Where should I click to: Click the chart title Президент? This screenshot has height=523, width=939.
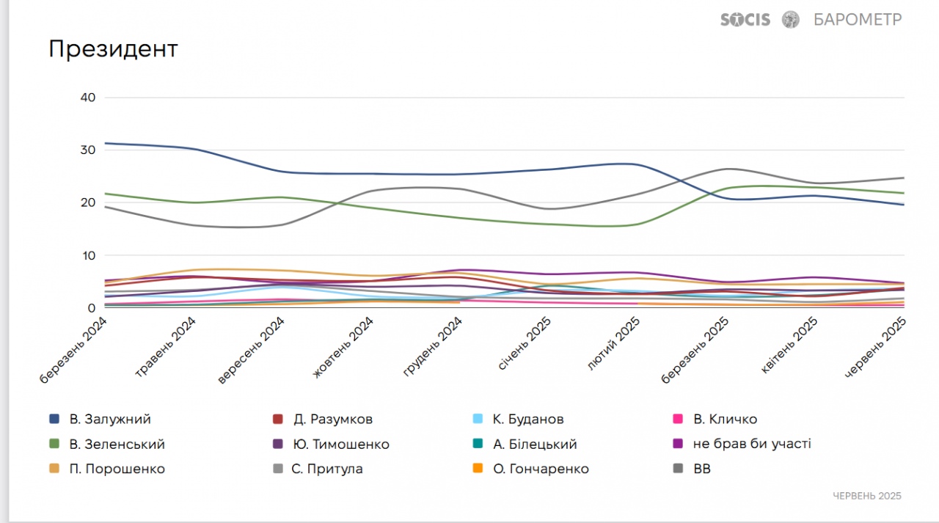113,49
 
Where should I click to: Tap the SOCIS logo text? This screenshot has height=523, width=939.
745,20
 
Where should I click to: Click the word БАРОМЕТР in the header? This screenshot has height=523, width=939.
858,20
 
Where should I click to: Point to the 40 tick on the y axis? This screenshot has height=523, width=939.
87,98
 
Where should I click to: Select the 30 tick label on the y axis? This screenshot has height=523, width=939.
87,150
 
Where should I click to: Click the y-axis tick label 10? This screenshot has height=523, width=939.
88,256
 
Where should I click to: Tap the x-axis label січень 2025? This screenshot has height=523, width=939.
525,345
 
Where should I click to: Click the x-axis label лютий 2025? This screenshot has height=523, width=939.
615,345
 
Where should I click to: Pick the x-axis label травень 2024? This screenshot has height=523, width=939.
166,348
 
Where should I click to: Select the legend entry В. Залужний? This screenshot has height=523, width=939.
110,420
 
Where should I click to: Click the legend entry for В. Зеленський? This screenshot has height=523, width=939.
117,445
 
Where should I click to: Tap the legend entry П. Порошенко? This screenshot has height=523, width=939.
117,469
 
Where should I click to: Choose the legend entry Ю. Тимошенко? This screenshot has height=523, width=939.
341,445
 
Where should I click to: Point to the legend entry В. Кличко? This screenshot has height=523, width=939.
725,420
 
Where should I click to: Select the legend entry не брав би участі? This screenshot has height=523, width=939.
752,445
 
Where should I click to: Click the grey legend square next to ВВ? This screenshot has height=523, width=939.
679,469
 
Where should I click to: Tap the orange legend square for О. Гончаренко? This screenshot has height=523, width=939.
478,469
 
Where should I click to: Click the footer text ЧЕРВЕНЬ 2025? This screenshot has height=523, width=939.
867,496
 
